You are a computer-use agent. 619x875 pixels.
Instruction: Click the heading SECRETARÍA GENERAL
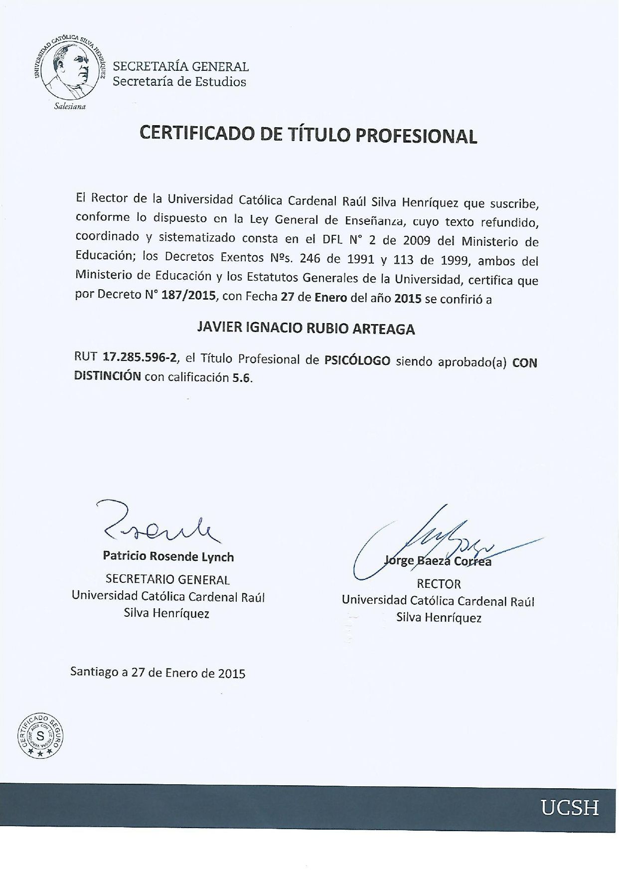click(181, 66)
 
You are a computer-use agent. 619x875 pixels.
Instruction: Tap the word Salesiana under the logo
click(69, 107)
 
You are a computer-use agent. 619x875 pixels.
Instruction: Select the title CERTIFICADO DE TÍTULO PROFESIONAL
click(309, 135)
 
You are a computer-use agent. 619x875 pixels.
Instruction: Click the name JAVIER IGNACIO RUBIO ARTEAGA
click(307, 328)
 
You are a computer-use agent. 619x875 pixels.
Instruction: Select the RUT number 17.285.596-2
click(139, 357)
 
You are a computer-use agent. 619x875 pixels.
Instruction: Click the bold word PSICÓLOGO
click(357, 360)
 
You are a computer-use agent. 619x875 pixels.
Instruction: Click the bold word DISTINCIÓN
click(107, 376)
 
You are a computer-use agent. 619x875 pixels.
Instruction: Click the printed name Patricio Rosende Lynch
click(168, 556)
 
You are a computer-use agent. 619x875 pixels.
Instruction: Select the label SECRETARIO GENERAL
click(167, 579)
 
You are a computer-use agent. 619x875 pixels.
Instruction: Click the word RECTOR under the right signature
click(439, 583)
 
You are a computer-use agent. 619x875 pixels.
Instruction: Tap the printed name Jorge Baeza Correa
click(438, 561)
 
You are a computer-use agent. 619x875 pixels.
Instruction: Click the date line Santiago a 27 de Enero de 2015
click(158, 673)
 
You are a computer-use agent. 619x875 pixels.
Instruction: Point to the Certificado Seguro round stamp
click(40, 734)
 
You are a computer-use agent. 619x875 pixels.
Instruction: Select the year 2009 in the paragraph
click(417, 240)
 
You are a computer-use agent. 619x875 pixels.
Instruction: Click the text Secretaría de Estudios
click(179, 82)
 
